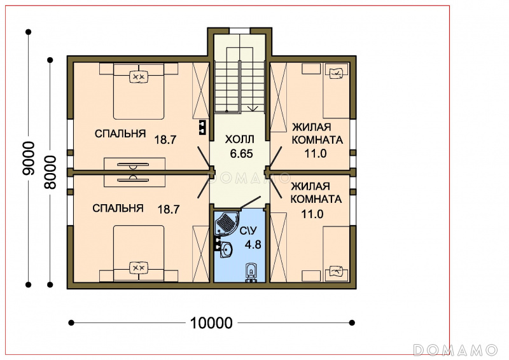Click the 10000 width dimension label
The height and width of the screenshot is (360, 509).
pos(211,323)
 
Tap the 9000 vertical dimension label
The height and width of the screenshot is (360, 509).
pos(28,158)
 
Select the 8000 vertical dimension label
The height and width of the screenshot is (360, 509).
pos(50,172)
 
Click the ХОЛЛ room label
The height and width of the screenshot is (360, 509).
pos(240,139)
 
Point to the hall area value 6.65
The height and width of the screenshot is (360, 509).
pos(241,153)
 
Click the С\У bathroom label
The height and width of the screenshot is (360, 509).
pos(248,231)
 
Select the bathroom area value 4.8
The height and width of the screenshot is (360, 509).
pos(253,244)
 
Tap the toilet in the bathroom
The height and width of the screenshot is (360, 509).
pos(251,272)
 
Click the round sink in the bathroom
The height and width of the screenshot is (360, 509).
pos(227,249)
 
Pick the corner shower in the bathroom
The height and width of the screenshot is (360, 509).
pos(226,223)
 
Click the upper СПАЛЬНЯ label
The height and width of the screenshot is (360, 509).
pos(120,134)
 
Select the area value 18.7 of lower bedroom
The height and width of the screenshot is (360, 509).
pos(169,209)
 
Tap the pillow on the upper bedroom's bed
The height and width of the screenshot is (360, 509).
pos(139,76)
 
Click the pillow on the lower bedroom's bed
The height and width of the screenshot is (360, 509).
pos(139,268)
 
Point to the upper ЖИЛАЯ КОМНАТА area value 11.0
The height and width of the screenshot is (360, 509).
pos(315,153)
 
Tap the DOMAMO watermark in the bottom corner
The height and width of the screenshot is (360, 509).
pos(455,350)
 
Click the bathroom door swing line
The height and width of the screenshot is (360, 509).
pos(250,202)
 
